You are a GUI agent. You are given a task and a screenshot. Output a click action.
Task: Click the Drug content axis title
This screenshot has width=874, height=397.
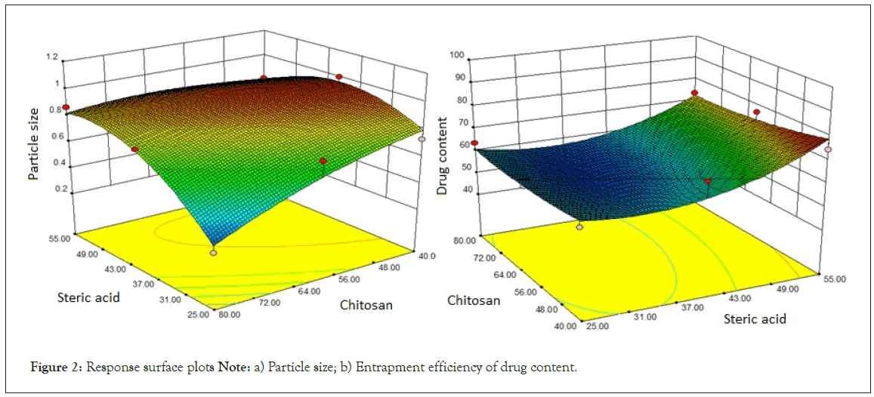tap(443, 156)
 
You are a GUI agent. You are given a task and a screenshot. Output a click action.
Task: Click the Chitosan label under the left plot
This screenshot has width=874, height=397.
tap(366, 305)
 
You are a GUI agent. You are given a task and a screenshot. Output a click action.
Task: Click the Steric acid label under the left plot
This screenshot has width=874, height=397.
tap(88, 297)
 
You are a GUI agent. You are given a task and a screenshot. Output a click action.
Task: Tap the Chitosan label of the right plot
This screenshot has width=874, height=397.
tap(474, 300)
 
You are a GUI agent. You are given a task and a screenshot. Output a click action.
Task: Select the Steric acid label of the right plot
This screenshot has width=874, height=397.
tap(755, 319)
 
